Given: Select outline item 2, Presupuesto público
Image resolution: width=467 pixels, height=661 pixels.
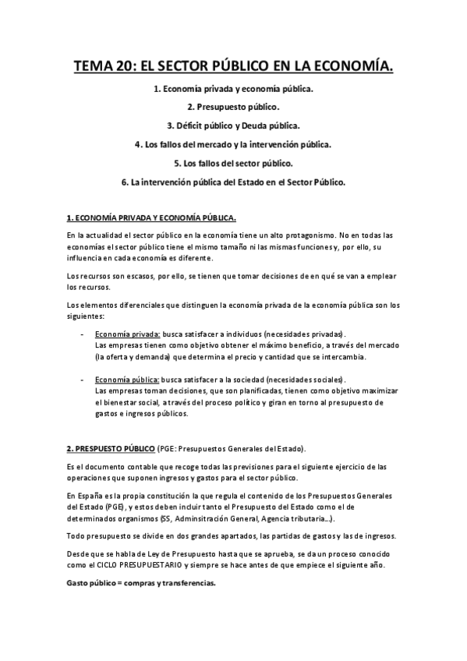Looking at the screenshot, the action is [x=233, y=107].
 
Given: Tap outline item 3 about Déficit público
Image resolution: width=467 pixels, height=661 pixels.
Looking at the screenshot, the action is [x=233, y=125].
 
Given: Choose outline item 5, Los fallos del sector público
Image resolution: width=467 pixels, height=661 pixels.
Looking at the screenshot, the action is [x=233, y=164].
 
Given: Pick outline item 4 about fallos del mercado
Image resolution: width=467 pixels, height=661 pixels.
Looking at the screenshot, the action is [x=233, y=145].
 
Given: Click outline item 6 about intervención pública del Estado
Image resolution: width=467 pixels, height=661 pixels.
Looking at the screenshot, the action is [x=233, y=182].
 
